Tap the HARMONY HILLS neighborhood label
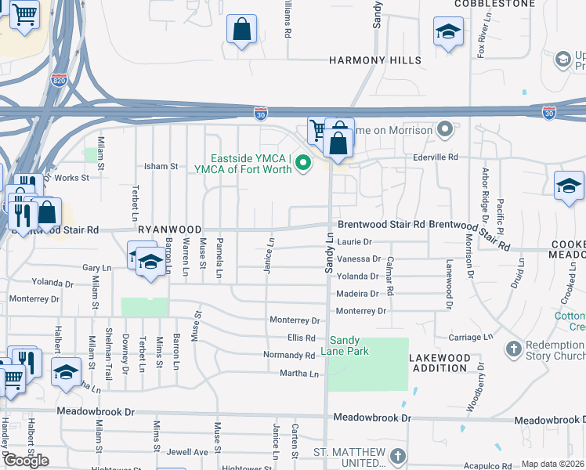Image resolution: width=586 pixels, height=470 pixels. click(375, 60)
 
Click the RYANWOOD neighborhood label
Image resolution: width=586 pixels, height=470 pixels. click(170, 230)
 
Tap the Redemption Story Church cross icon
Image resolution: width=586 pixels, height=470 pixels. click(514, 348)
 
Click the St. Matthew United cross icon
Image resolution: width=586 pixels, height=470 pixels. click(398, 455)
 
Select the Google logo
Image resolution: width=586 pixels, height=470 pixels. click(26, 461)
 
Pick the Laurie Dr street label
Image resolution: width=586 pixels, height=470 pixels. click(354, 243)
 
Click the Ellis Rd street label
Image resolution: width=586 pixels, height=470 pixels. click(301, 338)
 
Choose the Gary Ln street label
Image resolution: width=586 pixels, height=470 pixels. click(97, 268)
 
